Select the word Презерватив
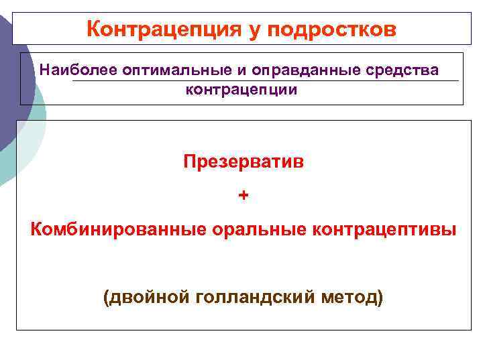[243, 163]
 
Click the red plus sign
[243, 195]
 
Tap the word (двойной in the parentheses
[146, 296]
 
